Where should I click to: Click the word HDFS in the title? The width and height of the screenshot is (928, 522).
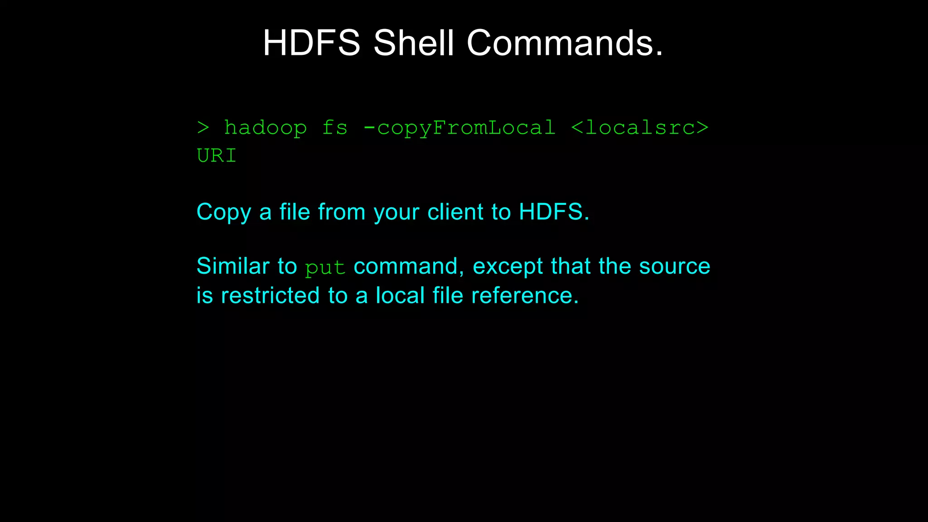click(311, 43)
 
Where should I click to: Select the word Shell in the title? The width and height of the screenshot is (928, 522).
click(413, 43)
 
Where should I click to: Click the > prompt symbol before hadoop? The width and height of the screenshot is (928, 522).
click(203, 128)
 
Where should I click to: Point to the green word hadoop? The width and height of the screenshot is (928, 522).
click(266, 128)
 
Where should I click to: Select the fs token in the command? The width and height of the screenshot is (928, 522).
click(335, 128)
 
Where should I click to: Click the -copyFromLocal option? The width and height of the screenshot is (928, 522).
click(459, 128)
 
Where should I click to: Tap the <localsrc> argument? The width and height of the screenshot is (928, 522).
click(640, 128)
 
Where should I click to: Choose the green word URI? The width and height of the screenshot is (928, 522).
click(217, 156)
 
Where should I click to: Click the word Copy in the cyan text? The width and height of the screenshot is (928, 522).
click(223, 212)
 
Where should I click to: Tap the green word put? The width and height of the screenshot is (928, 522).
click(325, 268)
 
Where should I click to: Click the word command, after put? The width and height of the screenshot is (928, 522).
click(409, 266)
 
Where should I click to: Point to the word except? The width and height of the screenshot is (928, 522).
click(507, 266)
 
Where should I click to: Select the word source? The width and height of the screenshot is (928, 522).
click(674, 266)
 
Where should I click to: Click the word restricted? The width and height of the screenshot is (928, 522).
click(270, 295)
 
